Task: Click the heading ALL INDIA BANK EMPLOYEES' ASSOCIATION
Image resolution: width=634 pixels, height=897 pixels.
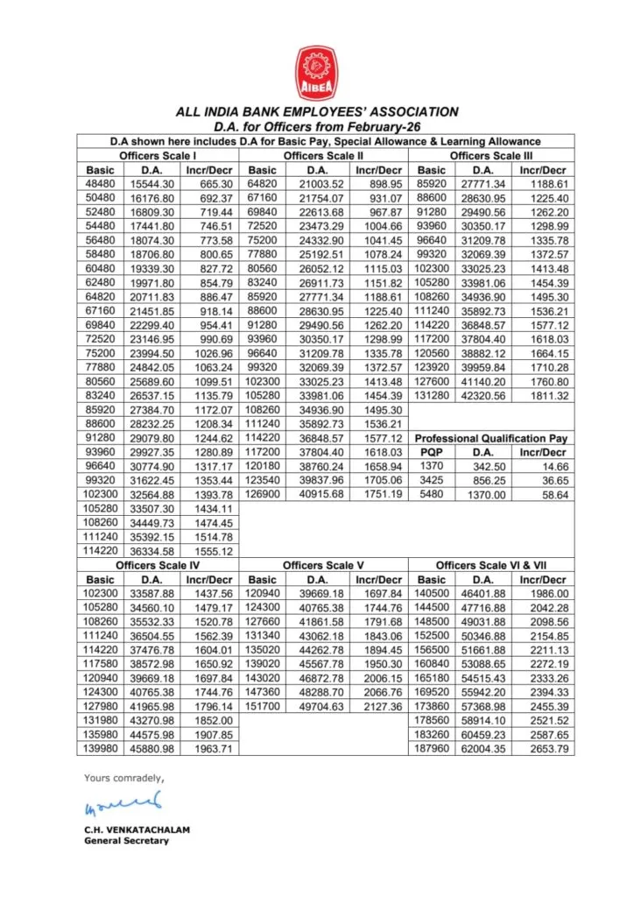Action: pyautogui.click(x=316, y=112)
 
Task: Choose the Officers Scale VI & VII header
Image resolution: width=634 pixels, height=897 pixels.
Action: pyautogui.click(x=493, y=566)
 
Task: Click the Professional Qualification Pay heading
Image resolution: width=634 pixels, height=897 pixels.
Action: pyautogui.click(x=491, y=438)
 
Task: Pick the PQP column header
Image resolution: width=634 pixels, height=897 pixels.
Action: pyautogui.click(x=431, y=452)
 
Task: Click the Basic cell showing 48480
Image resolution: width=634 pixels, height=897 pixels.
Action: pyautogui.click(x=101, y=184)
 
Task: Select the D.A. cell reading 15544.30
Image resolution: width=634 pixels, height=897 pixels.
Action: pyautogui.click(x=152, y=184)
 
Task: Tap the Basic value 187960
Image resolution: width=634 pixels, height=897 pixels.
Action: pyautogui.click(x=432, y=749)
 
